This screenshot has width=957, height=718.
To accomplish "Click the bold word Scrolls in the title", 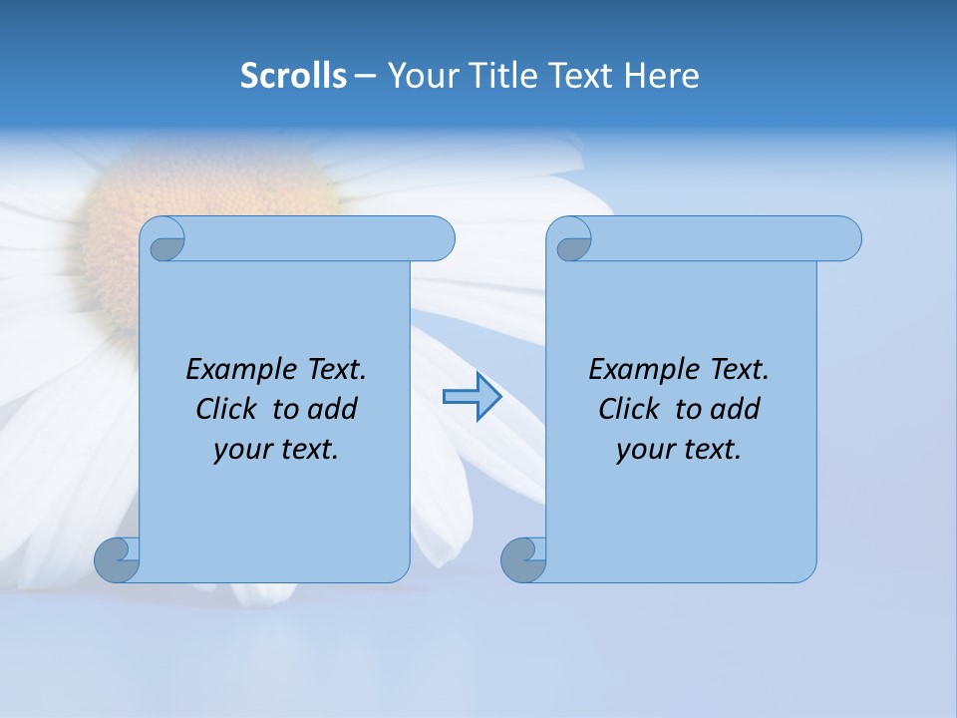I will (x=293, y=76).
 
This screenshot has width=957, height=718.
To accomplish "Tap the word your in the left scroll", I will (x=242, y=451).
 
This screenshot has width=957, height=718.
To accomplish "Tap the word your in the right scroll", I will (x=645, y=451).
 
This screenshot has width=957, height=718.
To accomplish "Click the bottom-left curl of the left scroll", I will (x=117, y=559).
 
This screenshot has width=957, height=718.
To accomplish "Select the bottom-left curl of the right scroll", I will (x=523, y=559).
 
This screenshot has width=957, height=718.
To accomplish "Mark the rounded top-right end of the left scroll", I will (x=439, y=239).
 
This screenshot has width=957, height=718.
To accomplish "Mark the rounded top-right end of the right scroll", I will (x=845, y=239).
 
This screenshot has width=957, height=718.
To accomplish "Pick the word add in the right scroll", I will (x=735, y=410).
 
